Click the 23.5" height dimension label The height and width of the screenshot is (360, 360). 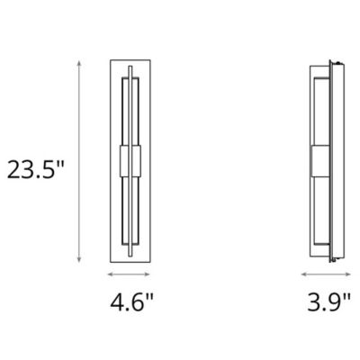[36, 168]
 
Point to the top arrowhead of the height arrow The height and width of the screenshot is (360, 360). [80, 60]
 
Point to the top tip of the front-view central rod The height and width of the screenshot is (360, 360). [132, 66]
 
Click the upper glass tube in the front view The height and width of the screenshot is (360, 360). [132, 108]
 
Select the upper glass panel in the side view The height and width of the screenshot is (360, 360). [321, 108]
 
